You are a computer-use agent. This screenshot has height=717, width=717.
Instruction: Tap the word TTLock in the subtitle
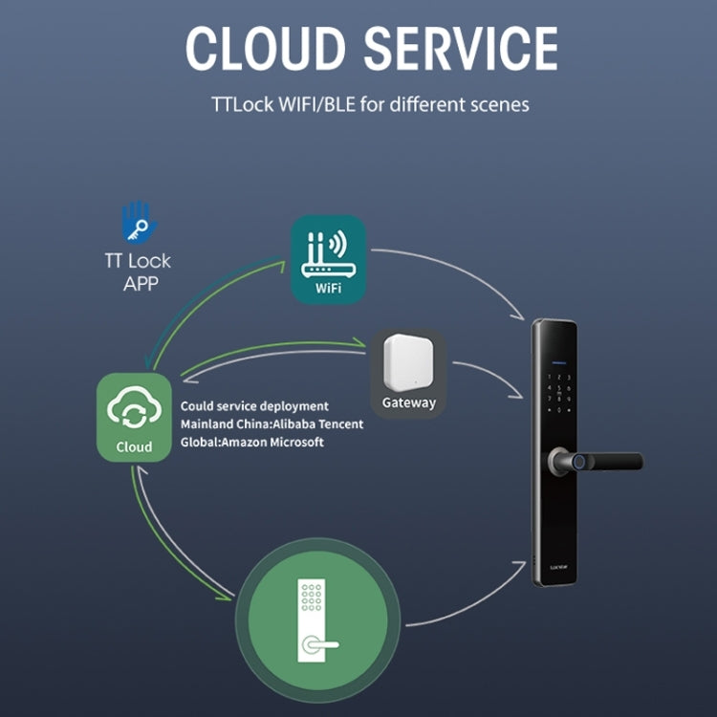click(x=243, y=104)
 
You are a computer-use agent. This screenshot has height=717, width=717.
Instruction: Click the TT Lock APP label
click(x=137, y=272)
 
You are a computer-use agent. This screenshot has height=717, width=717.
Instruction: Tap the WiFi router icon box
click(x=328, y=259)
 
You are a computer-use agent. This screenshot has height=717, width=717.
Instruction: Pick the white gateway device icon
click(x=408, y=361)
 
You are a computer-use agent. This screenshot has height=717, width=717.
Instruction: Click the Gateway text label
click(x=408, y=402)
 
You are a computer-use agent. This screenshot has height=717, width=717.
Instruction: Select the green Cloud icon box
click(x=134, y=418)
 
